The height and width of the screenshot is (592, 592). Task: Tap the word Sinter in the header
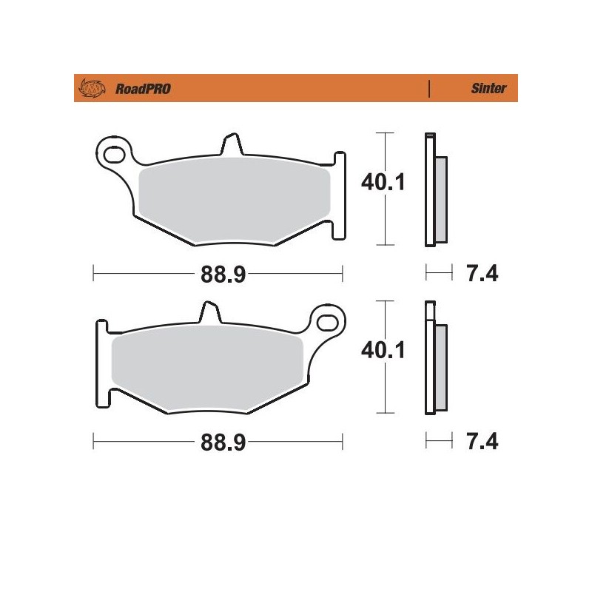pyautogui.click(x=488, y=89)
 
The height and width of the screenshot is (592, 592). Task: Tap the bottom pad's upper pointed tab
pyautogui.click(x=210, y=312)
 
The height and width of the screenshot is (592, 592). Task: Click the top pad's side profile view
pyautogui.click(x=434, y=190)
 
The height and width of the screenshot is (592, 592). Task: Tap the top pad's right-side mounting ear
pyautogui.click(x=338, y=196)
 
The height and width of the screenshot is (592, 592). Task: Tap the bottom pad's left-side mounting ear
pyautogui.click(x=102, y=363)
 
